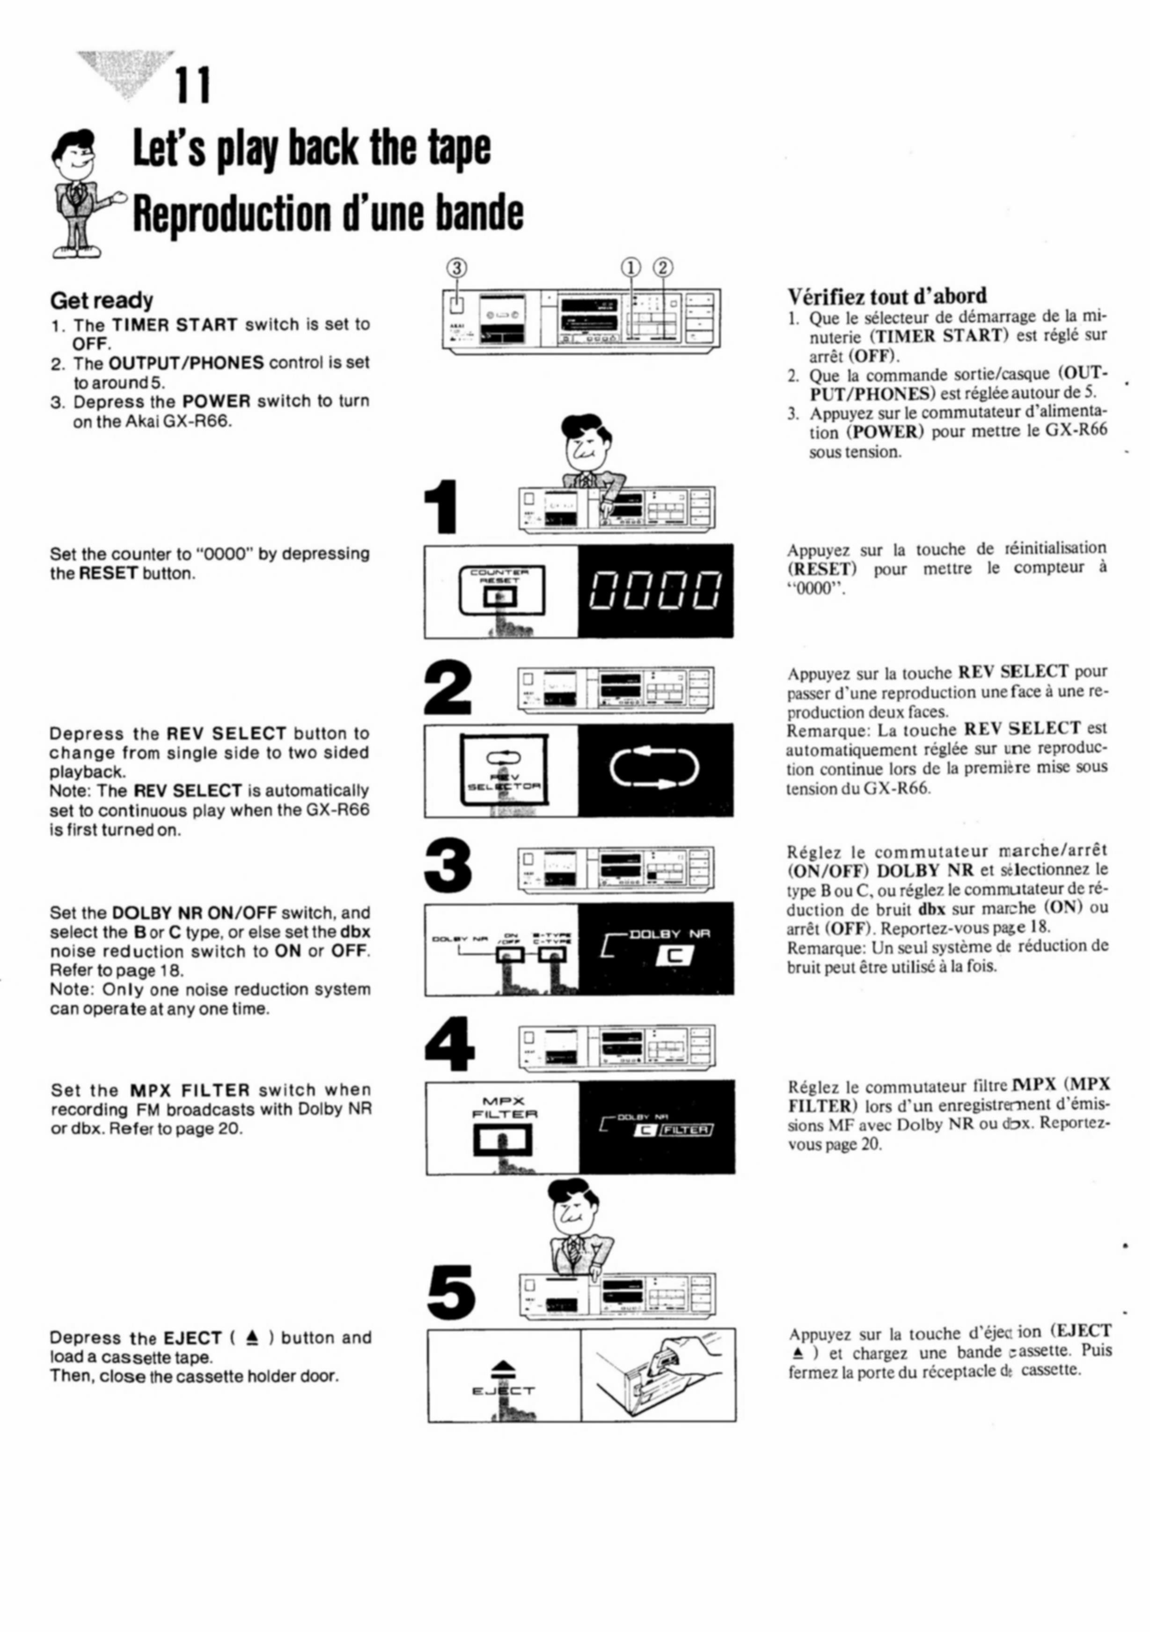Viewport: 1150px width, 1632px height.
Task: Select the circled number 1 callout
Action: [631, 267]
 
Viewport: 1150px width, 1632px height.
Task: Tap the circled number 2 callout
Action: [663, 267]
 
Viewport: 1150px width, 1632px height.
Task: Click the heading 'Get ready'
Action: [102, 301]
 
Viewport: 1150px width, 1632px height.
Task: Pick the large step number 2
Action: [447, 687]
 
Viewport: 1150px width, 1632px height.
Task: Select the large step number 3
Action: [447, 866]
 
